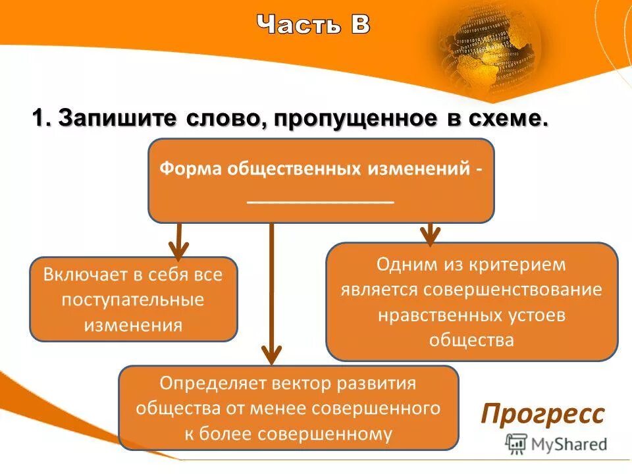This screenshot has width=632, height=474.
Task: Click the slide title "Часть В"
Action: [313, 25]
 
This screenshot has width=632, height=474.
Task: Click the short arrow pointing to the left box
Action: [178, 242]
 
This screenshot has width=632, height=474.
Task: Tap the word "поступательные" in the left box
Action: [133, 300]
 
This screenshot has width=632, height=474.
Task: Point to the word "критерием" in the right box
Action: [517, 265]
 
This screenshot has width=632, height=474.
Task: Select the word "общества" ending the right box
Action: [471, 340]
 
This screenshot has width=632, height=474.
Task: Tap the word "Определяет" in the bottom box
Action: [209, 383]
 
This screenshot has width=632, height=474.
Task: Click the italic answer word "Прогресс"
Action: [542, 415]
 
